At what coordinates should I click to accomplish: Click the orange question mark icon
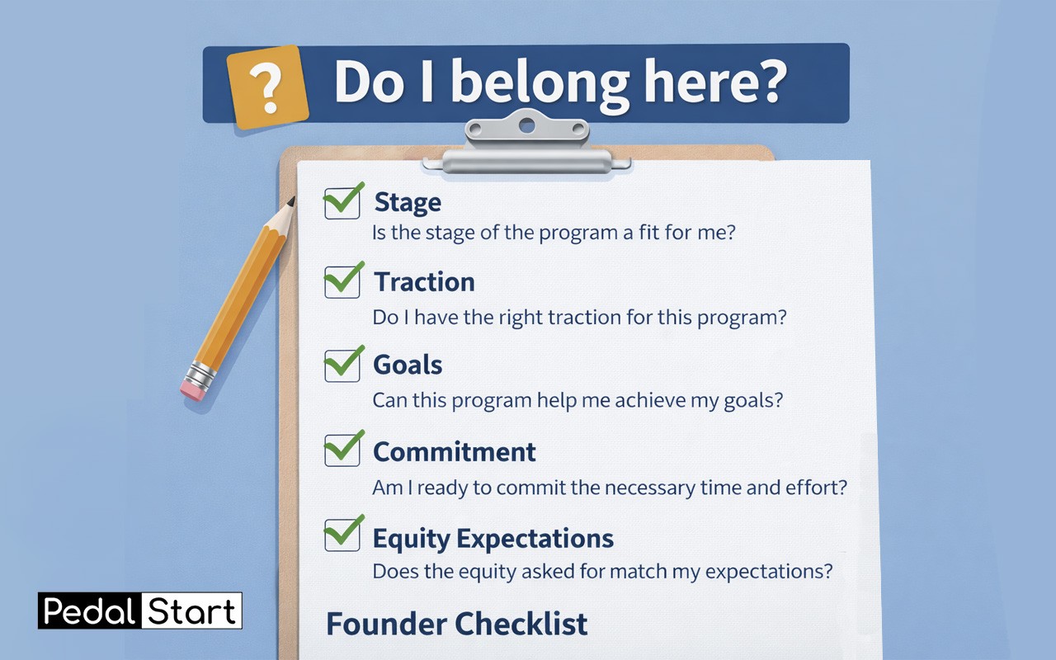pos(268,87)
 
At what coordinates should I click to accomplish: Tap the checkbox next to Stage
pos(342,203)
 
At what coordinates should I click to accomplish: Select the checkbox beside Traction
pos(342,282)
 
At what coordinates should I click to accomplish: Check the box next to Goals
pos(342,365)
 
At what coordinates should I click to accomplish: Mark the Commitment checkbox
pos(342,450)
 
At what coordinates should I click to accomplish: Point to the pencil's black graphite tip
pos(291,202)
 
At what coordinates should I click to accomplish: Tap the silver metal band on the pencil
pos(200,375)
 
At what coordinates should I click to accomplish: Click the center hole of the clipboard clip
pos(526,126)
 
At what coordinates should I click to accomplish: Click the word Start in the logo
pos(191,611)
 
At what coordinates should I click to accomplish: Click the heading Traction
pos(424,282)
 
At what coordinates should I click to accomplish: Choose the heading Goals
pos(408,365)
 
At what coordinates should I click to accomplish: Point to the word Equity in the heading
pos(411,540)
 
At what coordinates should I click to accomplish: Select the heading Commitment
pos(455,451)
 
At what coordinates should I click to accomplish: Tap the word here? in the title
pos(715,80)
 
